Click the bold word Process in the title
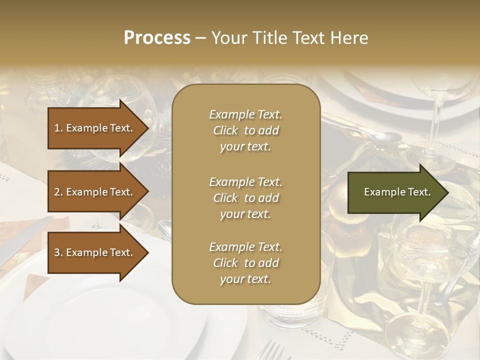pyautogui.click(x=157, y=38)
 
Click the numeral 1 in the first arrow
pyautogui.click(x=57, y=128)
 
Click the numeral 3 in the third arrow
pyautogui.click(x=57, y=252)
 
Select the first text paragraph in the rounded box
pyautogui.click(x=245, y=130)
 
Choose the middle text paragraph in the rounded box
pyautogui.click(x=245, y=198)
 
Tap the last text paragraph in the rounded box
pyautogui.click(x=245, y=263)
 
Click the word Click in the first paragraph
pyautogui.click(x=225, y=130)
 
